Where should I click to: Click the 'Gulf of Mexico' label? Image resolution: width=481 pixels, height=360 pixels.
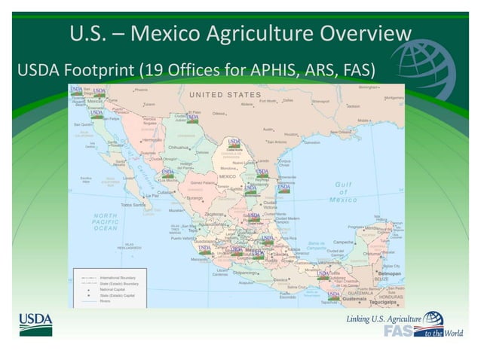(x=343, y=192)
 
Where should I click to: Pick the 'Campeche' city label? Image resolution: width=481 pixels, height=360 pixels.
(x=344, y=243)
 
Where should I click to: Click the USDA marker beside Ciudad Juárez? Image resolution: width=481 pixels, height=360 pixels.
(x=193, y=117)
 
